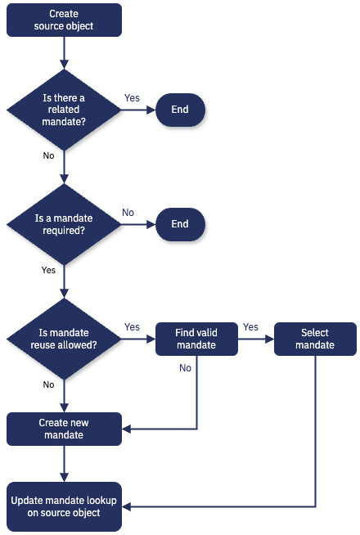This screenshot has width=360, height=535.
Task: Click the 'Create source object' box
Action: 64,20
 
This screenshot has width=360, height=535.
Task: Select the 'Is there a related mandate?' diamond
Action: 64,110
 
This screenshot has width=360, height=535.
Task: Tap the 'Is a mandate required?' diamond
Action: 64,224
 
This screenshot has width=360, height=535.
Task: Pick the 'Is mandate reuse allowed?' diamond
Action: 64,339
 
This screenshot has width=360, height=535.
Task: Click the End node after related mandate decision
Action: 179,110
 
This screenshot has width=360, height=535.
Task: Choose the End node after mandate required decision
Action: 179,224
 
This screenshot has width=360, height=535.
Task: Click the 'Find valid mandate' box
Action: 196,339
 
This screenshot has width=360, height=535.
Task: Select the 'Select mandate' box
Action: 315,339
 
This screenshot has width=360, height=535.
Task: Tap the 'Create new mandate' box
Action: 64,429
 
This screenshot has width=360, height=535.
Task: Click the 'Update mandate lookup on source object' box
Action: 64,506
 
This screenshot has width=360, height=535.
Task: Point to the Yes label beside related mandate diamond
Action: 132,98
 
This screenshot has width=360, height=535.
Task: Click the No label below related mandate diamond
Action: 48,155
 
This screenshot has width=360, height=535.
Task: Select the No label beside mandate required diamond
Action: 128,213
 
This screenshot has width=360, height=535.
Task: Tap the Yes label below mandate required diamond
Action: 48,270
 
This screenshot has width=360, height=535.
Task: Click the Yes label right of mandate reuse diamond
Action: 132,327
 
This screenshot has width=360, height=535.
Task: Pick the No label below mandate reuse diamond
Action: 48,384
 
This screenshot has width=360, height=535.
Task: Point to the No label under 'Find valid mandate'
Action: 185,368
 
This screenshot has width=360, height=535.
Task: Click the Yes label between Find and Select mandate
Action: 250,327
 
